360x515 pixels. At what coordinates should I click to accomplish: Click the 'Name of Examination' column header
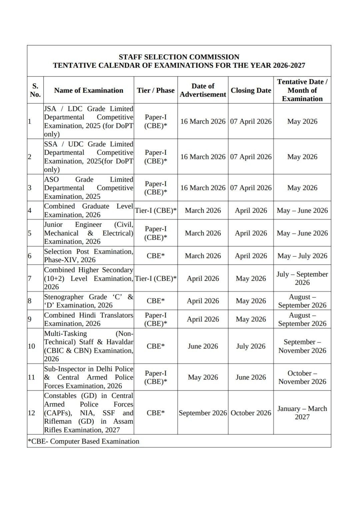[x=88, y=90]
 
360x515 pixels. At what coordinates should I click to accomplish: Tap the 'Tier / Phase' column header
[x=156, y=90]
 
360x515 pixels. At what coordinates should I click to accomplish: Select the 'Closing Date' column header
[x=251, y=90]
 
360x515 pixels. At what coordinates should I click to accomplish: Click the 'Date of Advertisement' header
[x=203, y=90]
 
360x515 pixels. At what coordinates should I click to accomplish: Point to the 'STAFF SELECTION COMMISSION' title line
[x=179, y=57]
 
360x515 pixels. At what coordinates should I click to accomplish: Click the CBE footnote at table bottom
[x=83, y=441]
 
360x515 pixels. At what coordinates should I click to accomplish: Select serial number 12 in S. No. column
[x=31, y=413]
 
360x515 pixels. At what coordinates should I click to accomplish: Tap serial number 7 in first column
[x=29, y=278]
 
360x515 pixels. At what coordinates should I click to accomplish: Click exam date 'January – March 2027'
[x=302, y=413]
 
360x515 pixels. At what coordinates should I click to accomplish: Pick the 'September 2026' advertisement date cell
[x=203, y=413]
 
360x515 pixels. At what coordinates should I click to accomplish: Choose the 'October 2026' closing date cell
[x=251, y=413]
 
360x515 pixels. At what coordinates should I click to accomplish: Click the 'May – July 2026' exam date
[x=302, y=256]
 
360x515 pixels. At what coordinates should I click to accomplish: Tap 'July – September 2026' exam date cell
[x=302, y=278]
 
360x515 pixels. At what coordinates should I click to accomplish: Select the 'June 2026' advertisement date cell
[x=203, y=346]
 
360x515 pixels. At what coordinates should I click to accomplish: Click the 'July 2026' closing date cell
[x=251, y=346]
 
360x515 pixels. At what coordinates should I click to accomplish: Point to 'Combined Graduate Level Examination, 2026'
[x=88, y=210]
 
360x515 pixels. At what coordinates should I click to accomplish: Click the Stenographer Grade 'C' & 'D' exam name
[x=88, y=301]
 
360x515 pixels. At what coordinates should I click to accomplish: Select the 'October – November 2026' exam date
[x=302, y=377]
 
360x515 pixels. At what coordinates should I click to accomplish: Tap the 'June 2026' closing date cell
[x=251, y=377]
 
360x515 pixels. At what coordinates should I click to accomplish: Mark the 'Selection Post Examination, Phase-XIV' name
[x=88, y=256]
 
